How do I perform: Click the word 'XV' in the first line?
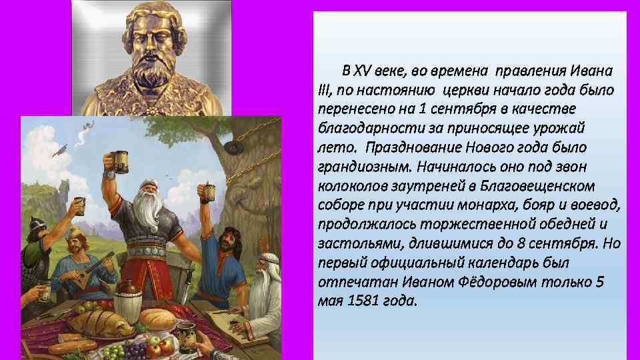click(362, 71)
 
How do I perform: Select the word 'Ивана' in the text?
click(591, 71)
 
